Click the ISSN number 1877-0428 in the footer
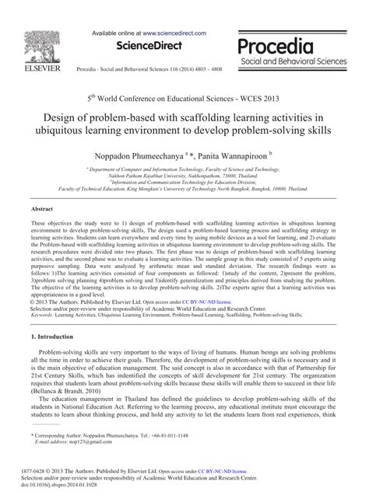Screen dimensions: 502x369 [44, 469]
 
